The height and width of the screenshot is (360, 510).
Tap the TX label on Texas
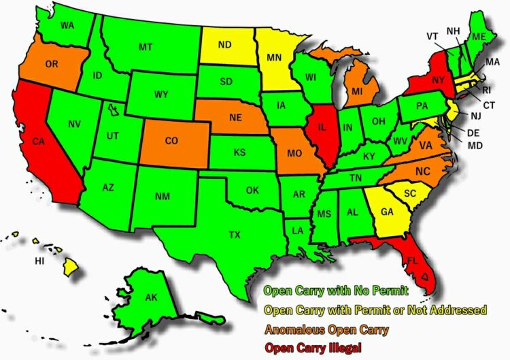234,235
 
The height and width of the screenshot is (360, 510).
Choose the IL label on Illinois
322,127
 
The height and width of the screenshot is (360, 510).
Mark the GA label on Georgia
387,212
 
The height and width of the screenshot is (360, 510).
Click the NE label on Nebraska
235,117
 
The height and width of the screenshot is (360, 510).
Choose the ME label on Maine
479,35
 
